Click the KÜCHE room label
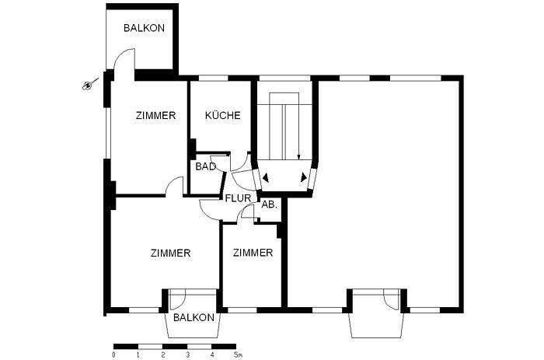tap(222, 116)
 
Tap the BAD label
tap(205, 166)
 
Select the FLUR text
tap(238, 197)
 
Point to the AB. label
tap(269, 204)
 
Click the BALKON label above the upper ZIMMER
tap(144, 28)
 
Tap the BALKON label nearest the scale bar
tap(194, 318)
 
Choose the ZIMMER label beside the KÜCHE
tap(155, 116)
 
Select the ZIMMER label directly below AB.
tap(253, 253)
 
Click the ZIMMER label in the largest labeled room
tap(170, 253)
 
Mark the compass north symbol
tap(89, 84)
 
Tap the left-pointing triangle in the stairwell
tap(266, 178)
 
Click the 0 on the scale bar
tap(113, 355)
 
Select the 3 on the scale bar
tap(187, 355)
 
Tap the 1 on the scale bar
tap(138, 355)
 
